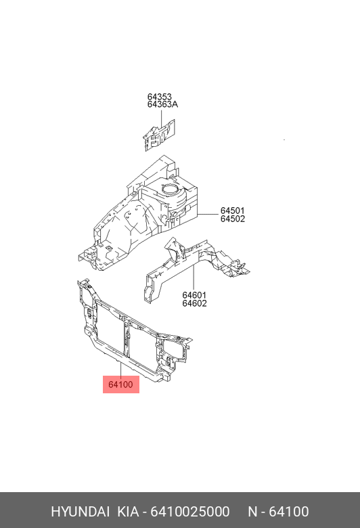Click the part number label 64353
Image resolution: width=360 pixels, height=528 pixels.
point(159,97)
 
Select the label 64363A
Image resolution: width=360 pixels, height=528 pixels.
point(162,104)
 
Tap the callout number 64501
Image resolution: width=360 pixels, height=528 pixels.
point(233,211)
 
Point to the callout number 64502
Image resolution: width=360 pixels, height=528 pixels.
point(233,219)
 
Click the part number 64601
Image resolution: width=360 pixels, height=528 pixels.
point(194,295)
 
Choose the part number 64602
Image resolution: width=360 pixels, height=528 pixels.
point(194,303)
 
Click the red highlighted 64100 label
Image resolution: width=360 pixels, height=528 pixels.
point(121,384)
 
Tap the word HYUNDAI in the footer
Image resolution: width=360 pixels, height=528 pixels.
point(80,512)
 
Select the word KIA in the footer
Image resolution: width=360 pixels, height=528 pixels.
point(128,512)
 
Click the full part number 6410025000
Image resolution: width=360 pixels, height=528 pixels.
point(190,512)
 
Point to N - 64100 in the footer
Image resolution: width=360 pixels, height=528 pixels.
point(279,512)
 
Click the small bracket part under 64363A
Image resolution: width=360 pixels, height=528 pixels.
point(159,135)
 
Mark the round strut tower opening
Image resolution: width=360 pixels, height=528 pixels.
point(170,190)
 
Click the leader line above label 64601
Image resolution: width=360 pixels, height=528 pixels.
point(194,278)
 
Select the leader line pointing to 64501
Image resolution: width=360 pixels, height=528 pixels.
point(208,215)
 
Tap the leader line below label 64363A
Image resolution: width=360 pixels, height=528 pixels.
point(161,117)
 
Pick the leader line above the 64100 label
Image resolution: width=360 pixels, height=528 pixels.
point(121,370)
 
